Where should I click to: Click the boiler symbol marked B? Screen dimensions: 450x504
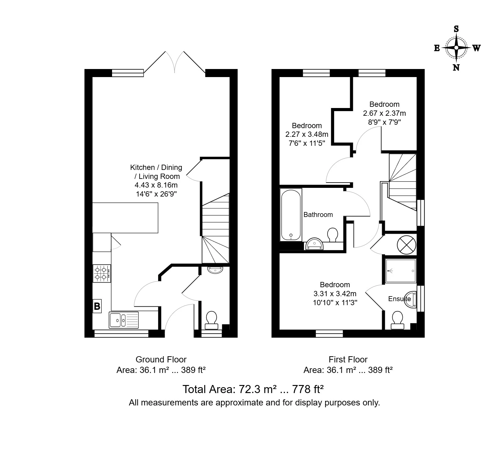97,306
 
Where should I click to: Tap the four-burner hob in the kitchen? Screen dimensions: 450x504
102,273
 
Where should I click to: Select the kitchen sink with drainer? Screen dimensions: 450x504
124,320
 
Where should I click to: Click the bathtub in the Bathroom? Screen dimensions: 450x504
291,215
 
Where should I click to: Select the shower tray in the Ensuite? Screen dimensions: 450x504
401,271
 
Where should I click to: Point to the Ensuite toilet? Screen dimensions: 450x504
397,320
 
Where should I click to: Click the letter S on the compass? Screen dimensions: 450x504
456,29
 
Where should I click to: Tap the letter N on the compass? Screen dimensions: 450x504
456,67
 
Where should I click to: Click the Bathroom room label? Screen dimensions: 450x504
318,215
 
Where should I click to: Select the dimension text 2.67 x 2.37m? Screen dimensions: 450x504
384,113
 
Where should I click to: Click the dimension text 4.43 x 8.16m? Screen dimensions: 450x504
156,185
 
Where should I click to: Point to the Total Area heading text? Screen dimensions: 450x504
253,389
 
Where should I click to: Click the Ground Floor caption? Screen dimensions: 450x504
161,359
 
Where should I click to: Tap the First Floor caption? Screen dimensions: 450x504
348,359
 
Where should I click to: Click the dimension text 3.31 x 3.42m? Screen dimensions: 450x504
335,293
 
